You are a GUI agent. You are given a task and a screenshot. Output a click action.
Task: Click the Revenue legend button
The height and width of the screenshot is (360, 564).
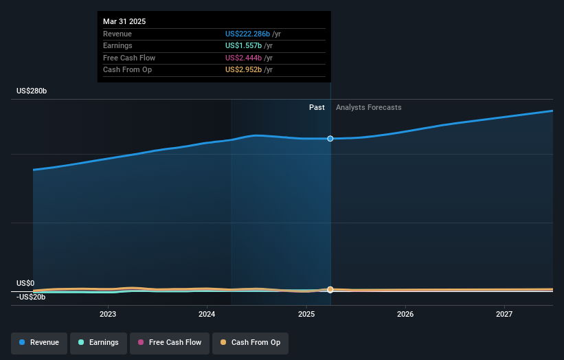39,342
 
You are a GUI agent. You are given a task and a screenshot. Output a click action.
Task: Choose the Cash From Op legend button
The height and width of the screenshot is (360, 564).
250,342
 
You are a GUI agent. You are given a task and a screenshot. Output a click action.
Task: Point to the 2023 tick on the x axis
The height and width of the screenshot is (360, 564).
108,314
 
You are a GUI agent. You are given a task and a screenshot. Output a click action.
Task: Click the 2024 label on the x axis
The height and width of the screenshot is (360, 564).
207,314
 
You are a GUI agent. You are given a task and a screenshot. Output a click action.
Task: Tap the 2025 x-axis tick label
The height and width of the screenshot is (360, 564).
306,314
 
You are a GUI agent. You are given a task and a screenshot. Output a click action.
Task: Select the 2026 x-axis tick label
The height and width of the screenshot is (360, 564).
405,314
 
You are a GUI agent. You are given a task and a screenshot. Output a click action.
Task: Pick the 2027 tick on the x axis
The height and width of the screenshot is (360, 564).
504,314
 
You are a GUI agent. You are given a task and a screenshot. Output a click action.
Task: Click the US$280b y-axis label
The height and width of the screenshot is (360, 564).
32,91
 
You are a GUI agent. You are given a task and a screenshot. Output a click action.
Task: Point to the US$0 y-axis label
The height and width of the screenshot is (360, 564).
25,283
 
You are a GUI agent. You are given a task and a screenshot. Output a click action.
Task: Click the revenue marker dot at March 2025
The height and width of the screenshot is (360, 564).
330,139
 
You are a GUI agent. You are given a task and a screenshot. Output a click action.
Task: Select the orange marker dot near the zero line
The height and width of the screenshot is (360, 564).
330,289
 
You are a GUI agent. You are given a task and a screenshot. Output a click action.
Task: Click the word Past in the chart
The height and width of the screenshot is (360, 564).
317,107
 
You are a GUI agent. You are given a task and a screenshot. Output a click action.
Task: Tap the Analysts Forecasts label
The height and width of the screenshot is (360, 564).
368,107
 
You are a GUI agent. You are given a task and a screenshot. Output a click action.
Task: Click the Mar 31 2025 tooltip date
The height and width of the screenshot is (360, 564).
124,21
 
